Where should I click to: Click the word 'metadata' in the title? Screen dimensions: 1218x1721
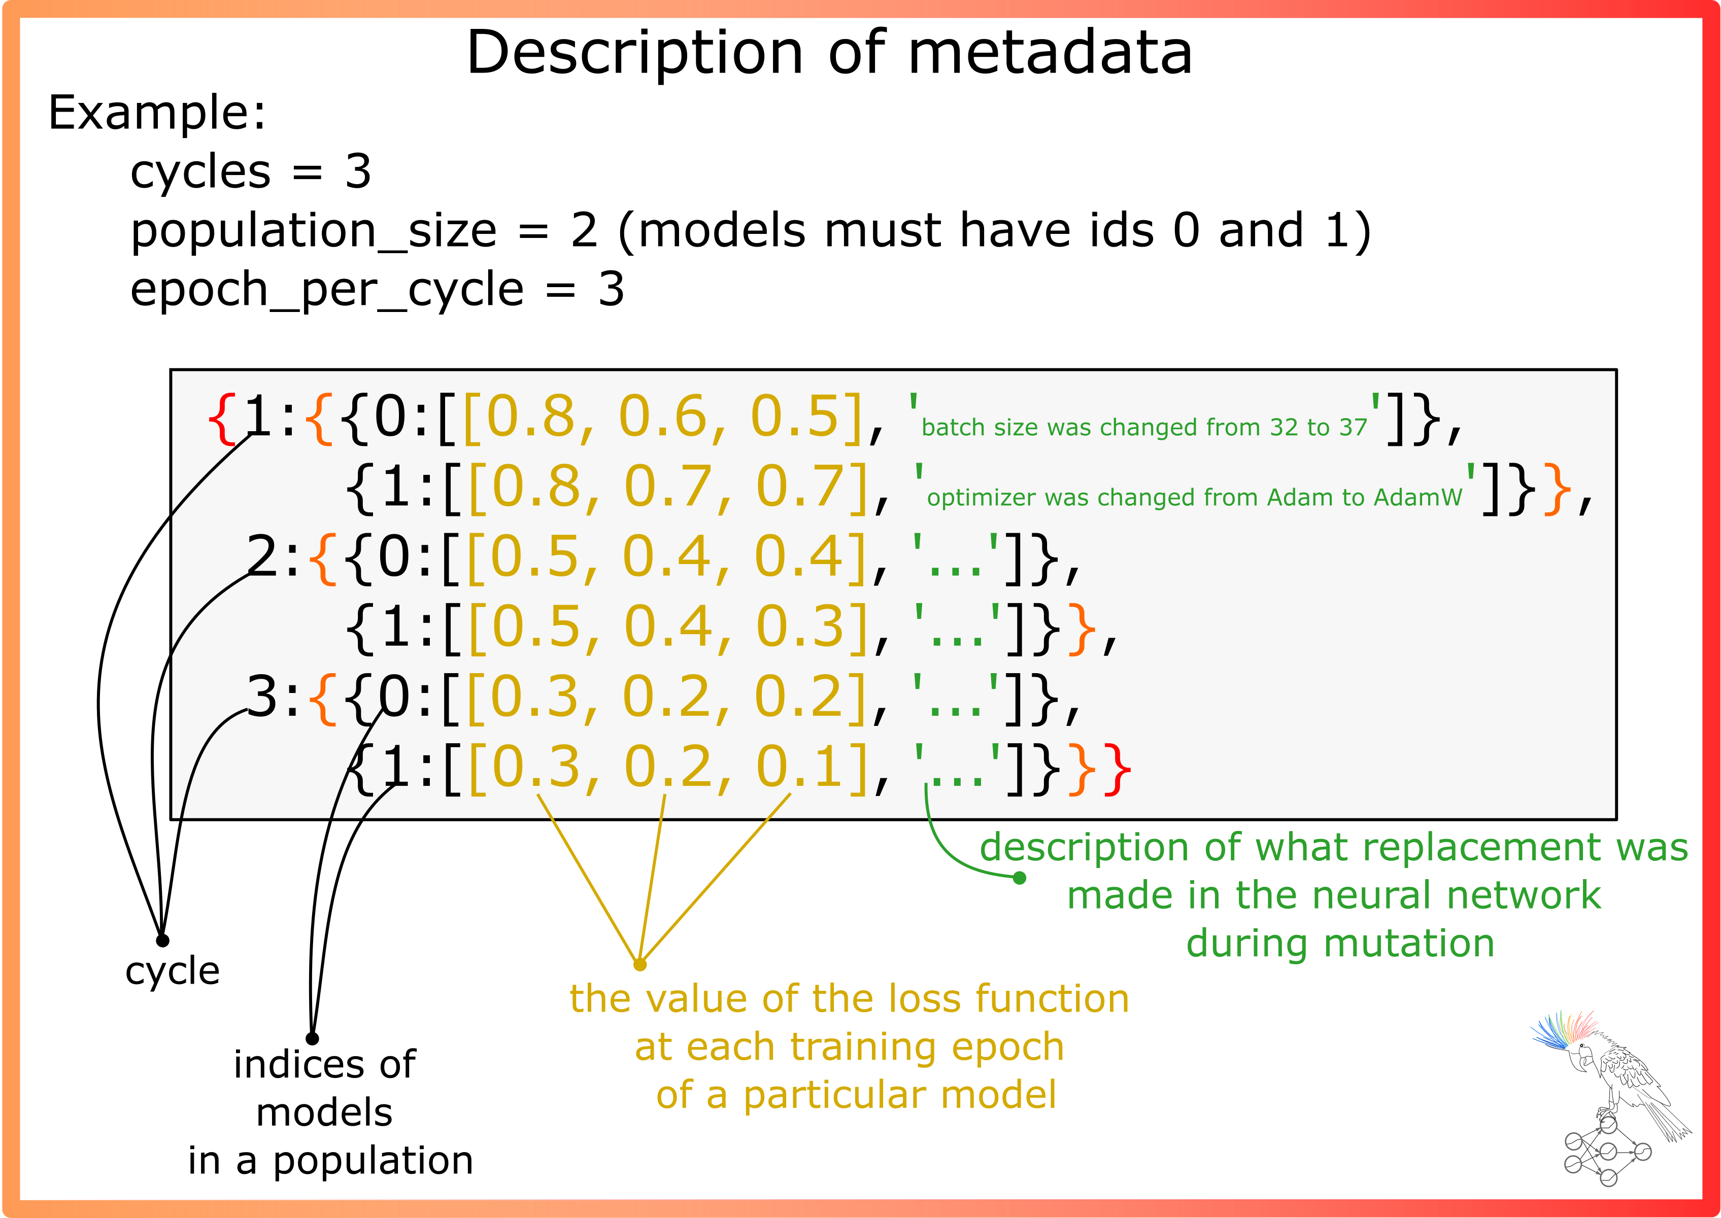coord(1050,53)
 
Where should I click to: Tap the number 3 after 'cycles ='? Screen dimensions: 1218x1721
coord(358,172)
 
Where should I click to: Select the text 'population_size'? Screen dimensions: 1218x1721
coord(314,231)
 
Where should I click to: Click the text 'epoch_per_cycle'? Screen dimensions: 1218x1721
coord(326,290)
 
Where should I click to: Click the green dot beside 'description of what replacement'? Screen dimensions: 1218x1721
coord(1020,878)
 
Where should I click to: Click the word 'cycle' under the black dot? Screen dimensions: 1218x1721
coord(173,972)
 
